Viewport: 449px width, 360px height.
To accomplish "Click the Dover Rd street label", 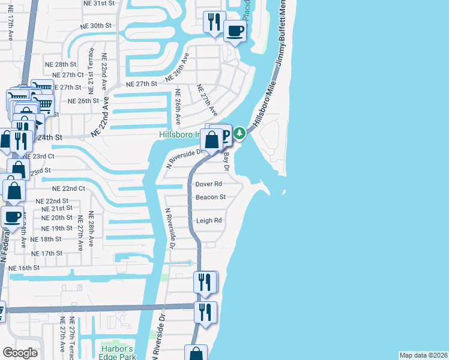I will (x=209, y=184).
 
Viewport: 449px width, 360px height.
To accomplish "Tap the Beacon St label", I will (x=210, y=197).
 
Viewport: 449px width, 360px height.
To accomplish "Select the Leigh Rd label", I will (x=209, y=220).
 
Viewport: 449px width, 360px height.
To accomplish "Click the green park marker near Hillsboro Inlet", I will (x=240, y=133).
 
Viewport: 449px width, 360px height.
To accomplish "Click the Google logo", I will (x=20, y=353).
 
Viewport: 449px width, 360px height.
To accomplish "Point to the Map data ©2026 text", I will (x=423, y=355).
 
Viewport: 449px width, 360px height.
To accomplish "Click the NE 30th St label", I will (x=97, y=26).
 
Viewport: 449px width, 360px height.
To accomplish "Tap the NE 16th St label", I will (x=24, y=267).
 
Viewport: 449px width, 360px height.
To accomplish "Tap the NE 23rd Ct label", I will (x=40, y=156).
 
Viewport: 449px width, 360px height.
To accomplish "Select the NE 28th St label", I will (x=61, y=64).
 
